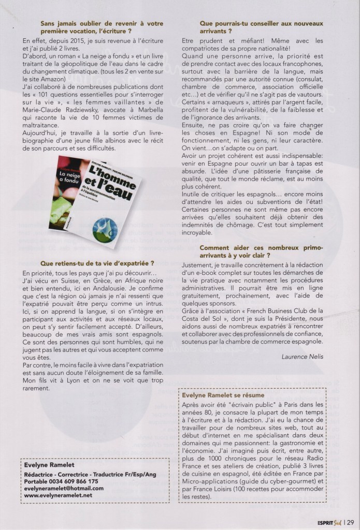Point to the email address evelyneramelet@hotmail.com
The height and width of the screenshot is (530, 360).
(64, 488)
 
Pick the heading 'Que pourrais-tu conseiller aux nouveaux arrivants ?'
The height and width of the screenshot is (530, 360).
(261, 28)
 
